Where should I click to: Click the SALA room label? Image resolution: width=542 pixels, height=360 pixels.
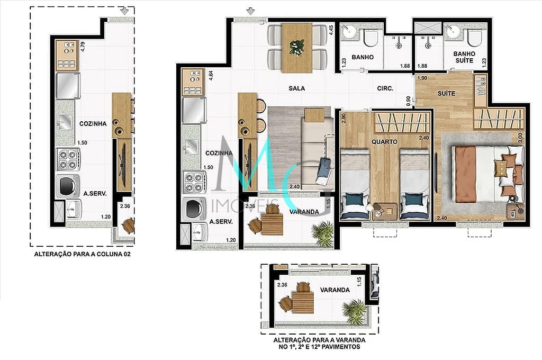point(296,88)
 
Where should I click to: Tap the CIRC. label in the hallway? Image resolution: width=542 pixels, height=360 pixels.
point(385,88)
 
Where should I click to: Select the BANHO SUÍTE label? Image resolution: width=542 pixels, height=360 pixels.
point(464,57)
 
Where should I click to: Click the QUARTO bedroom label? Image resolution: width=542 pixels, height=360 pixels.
point(384,142)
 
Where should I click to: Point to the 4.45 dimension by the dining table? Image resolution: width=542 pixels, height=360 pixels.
point(331,30)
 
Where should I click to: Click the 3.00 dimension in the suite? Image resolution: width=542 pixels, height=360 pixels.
point(520,138)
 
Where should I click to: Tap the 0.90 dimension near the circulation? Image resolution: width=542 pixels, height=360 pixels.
point(409,101)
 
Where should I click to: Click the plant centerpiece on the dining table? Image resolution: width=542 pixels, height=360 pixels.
point(296,47)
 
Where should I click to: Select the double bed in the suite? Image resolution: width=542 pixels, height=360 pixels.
point(487,174)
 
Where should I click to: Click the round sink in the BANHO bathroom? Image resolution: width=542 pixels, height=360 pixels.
point(349,33)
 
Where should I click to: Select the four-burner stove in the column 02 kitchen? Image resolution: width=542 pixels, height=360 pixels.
point(68,159)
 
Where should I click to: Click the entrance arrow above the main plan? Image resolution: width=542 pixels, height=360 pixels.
point(250,12)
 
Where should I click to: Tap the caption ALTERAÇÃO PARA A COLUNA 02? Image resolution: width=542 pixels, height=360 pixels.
point(82,254)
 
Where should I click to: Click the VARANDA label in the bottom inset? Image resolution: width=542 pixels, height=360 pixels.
point(335,290)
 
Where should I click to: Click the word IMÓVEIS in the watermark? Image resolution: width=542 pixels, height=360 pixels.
point(245,205)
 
